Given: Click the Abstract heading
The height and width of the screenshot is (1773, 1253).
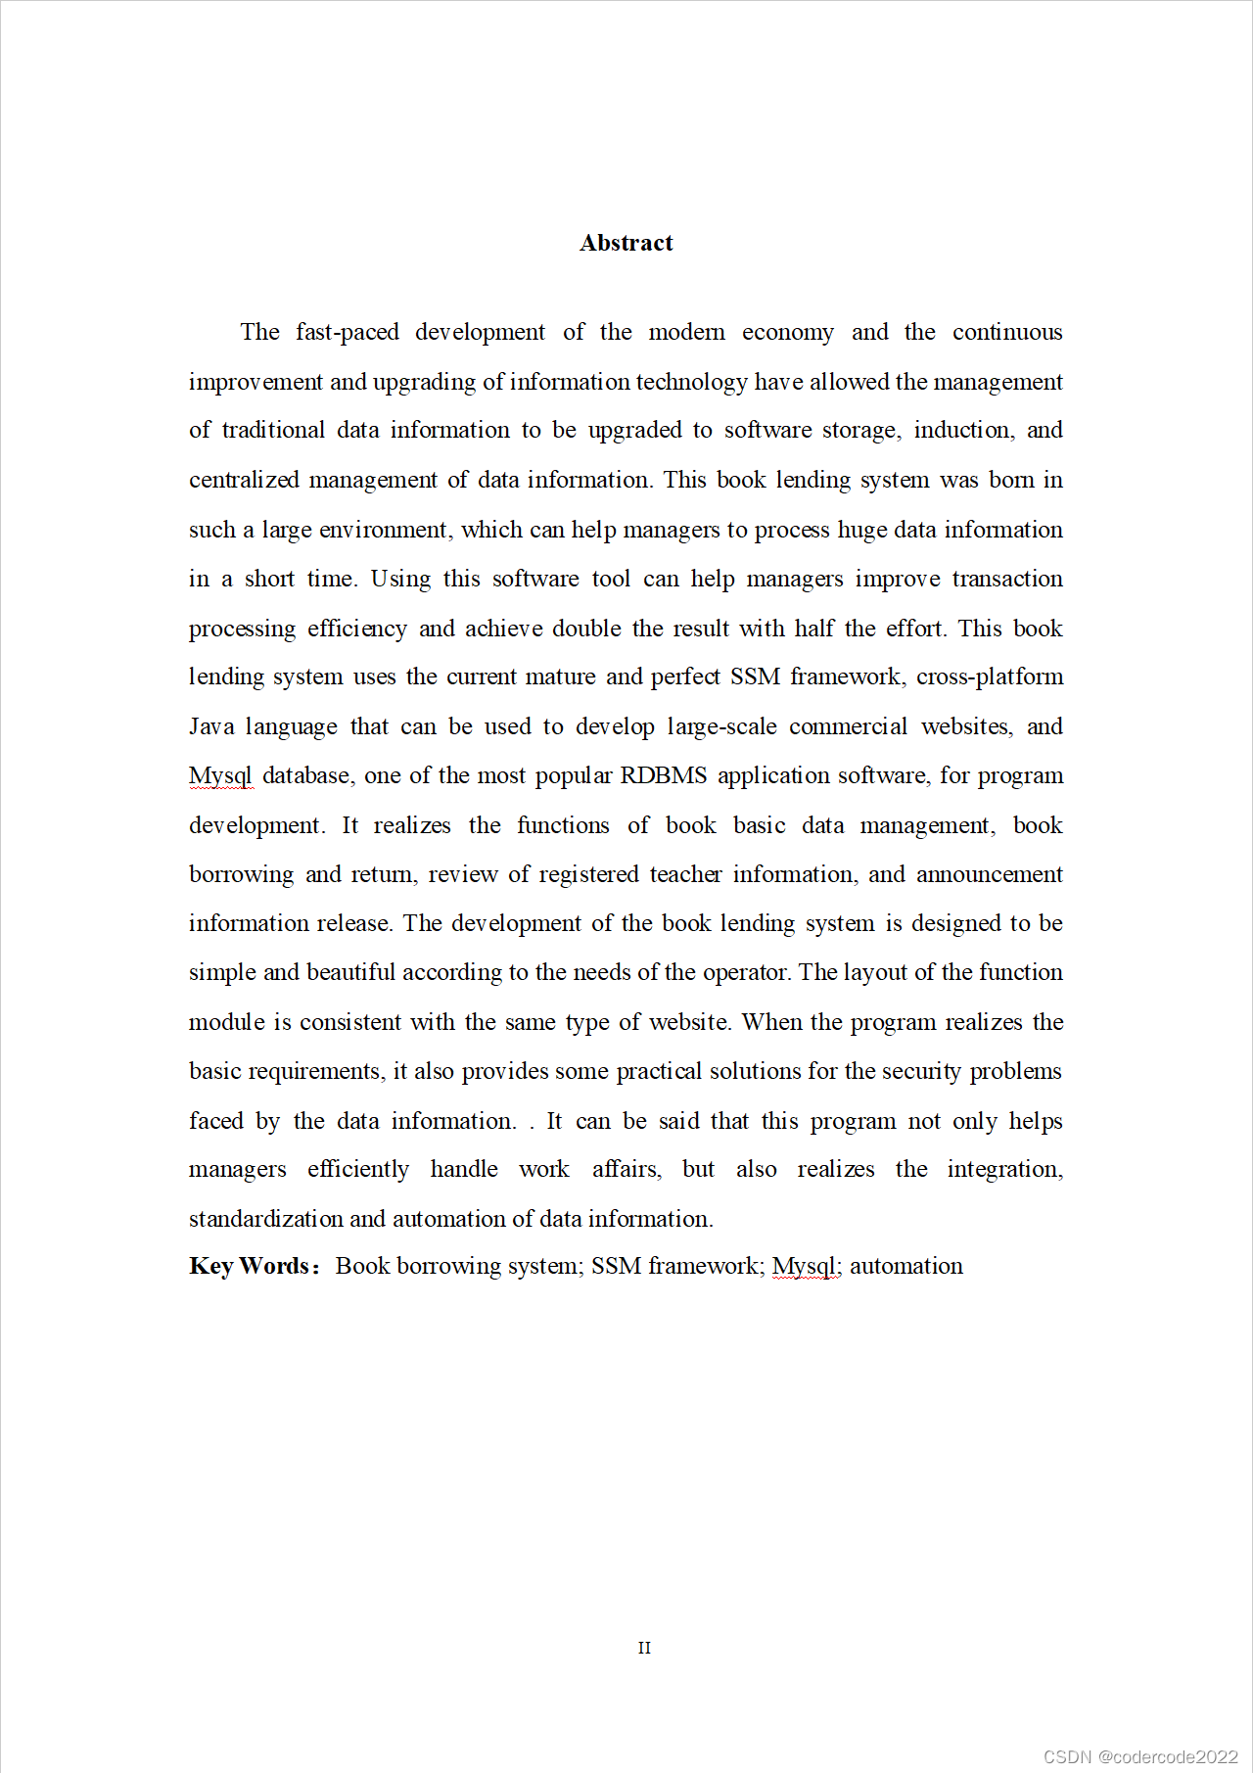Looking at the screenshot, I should point(626,243).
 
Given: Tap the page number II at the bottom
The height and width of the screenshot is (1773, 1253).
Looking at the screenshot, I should point(644,1648).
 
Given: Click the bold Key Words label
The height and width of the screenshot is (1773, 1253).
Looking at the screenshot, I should point(254,1266).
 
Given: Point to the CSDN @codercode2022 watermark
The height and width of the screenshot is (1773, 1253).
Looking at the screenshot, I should point(1140,1756).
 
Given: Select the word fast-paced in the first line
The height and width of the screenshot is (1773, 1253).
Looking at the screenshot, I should point(348,333).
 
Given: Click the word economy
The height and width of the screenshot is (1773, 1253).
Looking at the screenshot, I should point(787,333).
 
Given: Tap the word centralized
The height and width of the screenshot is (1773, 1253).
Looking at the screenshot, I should point(244,480).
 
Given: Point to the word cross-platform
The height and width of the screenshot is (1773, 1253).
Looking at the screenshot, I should point(990,677).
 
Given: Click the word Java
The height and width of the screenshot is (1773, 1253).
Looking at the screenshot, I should point(211,726).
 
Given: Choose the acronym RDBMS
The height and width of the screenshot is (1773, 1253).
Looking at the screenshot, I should point(664,775).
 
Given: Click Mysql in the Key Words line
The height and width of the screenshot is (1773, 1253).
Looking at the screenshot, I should point(804,1266).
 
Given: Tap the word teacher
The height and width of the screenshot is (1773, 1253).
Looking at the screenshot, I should point(685,874).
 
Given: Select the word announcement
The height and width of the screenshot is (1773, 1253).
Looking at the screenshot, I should point(989,874).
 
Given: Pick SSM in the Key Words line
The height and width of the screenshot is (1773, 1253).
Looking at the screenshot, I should point(616,1266).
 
